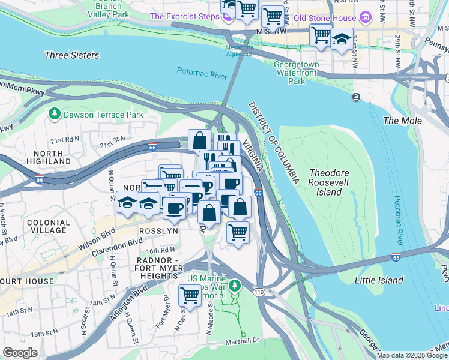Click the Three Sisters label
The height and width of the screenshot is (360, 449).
(71, 55)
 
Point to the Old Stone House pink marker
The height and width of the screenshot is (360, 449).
(364, 17)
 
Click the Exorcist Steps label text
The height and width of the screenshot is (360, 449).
(184, 16)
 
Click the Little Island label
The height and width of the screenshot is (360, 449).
(379, 280)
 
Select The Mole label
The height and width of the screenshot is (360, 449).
(402, 121)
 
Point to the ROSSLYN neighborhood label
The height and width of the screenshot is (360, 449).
(158, 231)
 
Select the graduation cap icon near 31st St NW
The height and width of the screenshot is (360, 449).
(342, 38)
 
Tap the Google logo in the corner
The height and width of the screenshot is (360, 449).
(20, 352)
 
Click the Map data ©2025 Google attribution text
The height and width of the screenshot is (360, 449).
(411, 355)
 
